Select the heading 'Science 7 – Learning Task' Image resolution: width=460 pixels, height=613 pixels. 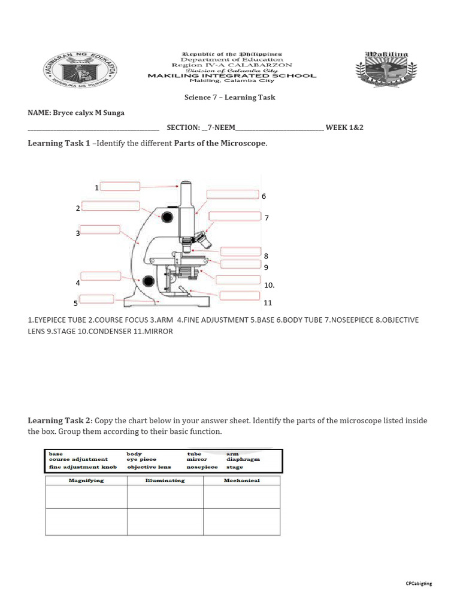coord(229,97)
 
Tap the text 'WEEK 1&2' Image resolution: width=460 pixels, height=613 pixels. coord(344,128)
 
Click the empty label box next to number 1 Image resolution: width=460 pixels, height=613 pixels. coord(120,187)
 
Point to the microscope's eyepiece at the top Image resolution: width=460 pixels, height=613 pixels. coord(186,183)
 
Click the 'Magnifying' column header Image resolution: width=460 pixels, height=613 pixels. coord(86,480)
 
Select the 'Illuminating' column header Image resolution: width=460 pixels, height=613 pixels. coord(165,480)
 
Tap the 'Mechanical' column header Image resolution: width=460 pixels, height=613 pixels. coord(241,480)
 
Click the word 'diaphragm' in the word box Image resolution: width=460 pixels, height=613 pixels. coord(243,460)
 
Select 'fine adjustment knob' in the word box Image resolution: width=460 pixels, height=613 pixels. coord(83,467)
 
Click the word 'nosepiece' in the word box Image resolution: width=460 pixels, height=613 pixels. coord(202,467)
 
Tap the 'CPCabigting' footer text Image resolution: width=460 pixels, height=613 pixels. coord(418,583)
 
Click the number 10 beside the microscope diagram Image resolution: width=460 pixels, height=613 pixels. coord(268,286)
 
